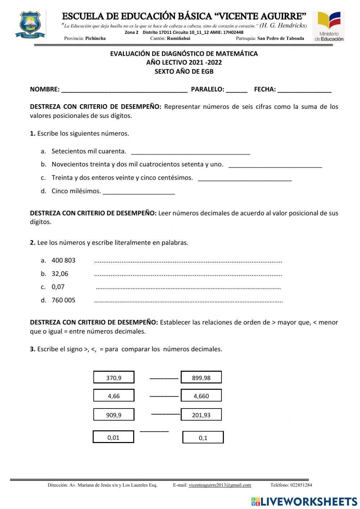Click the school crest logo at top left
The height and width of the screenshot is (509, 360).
[x=30, y=25]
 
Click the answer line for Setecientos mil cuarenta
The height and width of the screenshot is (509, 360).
[x=191, y=152]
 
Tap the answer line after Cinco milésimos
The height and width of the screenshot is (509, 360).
[x=139, y=192]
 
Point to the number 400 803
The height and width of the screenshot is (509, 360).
[x=63, y=260]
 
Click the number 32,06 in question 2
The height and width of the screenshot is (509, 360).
[x=60, y=274]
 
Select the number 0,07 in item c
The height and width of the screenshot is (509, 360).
[x=58, y=287]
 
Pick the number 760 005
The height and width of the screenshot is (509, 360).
[x=63, y=300]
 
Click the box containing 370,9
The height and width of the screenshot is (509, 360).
[x=114, y=378]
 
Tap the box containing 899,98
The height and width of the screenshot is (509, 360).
[x=201, y=378]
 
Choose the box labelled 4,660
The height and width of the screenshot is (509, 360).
[x=201, y=396]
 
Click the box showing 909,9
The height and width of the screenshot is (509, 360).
[x=114, y=415]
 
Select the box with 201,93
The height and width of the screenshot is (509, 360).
[x=201, y=415]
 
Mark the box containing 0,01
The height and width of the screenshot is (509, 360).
[x=113, y=437]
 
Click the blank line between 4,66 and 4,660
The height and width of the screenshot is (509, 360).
[x=164, y=396]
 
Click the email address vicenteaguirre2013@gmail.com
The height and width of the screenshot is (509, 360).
[x=220, y=485]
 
